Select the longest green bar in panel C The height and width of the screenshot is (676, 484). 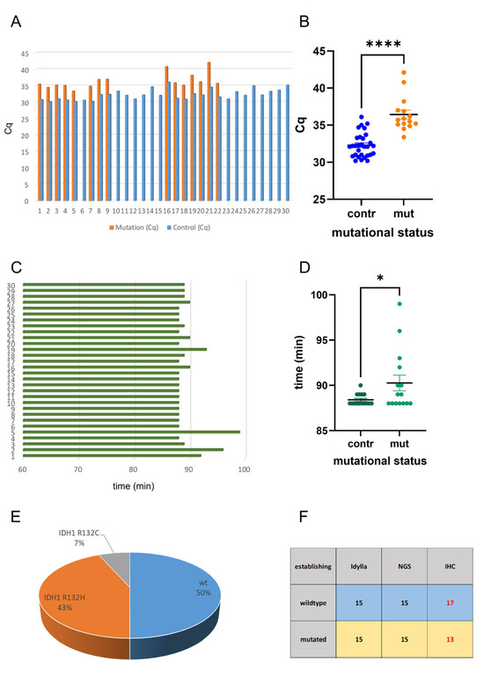click(132, 432)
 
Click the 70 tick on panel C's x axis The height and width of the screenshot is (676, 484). click(78, 468)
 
